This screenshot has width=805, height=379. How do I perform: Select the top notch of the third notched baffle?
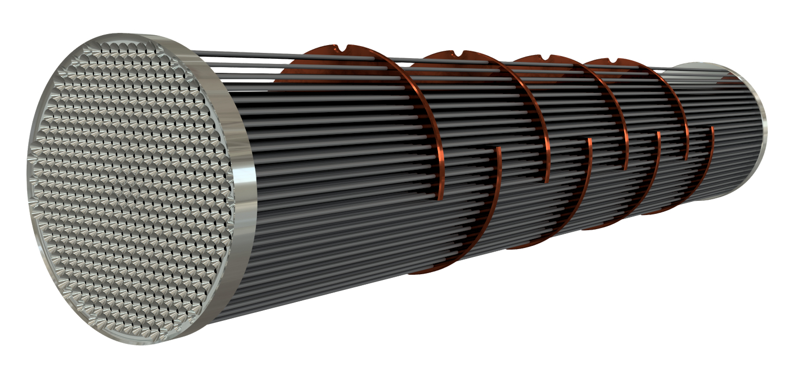pyautogui.click(x=549, y=58)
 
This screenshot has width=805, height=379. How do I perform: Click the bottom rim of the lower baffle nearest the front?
pyautogui.click(x=425, y=272)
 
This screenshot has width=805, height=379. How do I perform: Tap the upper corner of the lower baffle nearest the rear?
pyautogui.click(x=712, y=128)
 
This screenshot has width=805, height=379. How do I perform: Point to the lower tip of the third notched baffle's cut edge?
pyautogui.click(x=626, y=169)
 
